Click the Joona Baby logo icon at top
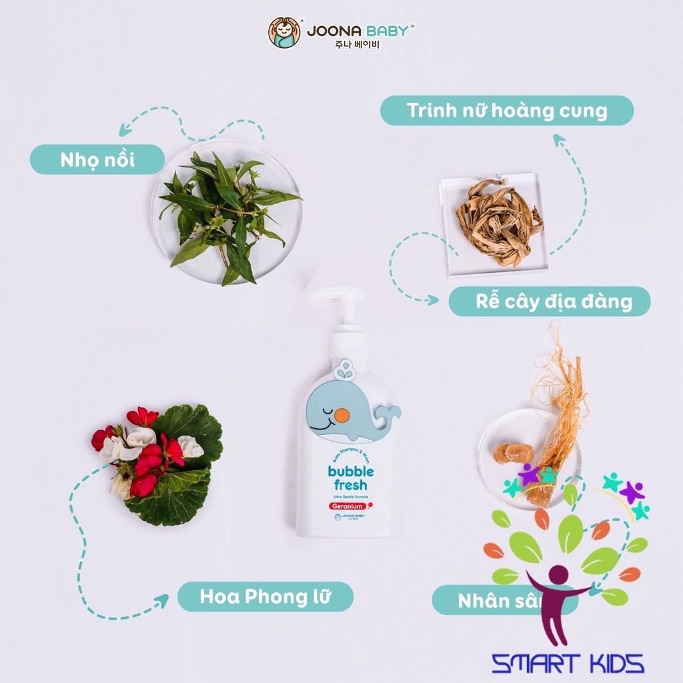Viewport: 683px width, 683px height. [284, 33]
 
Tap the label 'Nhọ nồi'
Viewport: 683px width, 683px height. [97, 160]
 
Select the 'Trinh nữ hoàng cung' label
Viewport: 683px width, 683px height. [506, 111]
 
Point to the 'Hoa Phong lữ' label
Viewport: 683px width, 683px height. [264, 596]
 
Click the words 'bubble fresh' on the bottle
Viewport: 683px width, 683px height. [351, 478]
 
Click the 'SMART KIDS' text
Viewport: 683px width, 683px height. [567, 663]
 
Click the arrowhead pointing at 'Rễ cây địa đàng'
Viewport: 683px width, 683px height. [434, 301]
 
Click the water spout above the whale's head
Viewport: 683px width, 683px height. [345, 369]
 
